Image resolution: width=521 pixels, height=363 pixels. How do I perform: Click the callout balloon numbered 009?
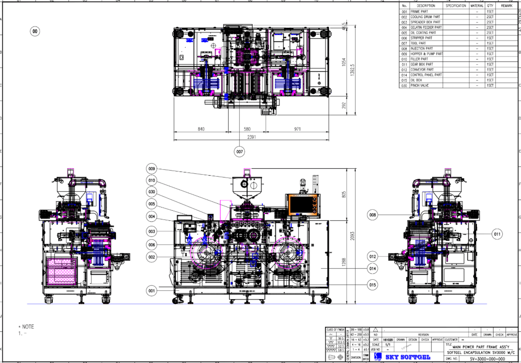point(152,169)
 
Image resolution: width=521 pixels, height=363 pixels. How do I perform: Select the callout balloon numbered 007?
point(239,152)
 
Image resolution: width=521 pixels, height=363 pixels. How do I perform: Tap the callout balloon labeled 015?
point(372,285)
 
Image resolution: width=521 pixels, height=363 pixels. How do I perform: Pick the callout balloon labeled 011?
point(497,234)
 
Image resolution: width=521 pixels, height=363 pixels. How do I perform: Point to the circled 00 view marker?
point(35,31)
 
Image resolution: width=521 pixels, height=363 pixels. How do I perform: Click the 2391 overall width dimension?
point(251,137)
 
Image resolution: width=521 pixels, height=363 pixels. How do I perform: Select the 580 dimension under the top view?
point(247,129)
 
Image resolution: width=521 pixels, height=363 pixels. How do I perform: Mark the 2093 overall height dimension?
point(352,236)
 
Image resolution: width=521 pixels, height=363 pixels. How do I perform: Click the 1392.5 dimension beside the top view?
point(352,70)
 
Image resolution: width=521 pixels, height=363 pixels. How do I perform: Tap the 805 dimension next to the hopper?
point(344,194)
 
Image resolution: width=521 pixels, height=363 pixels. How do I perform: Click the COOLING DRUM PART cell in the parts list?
point(425,17)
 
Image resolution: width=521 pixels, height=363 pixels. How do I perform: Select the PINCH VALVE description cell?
point(419,86)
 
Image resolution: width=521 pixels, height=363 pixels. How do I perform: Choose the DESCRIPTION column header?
point(426,6)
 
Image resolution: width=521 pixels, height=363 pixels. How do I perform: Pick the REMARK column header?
point(507,6)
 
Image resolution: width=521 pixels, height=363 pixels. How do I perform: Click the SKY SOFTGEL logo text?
point(408,357)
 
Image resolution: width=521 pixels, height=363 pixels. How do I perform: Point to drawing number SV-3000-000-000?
point(487,359)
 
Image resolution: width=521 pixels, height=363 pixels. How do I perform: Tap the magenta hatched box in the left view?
point(62,272)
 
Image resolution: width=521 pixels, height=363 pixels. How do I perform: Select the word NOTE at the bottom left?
point(28,327)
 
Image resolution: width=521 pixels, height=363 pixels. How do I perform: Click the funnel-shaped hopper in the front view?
point(247,187)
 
